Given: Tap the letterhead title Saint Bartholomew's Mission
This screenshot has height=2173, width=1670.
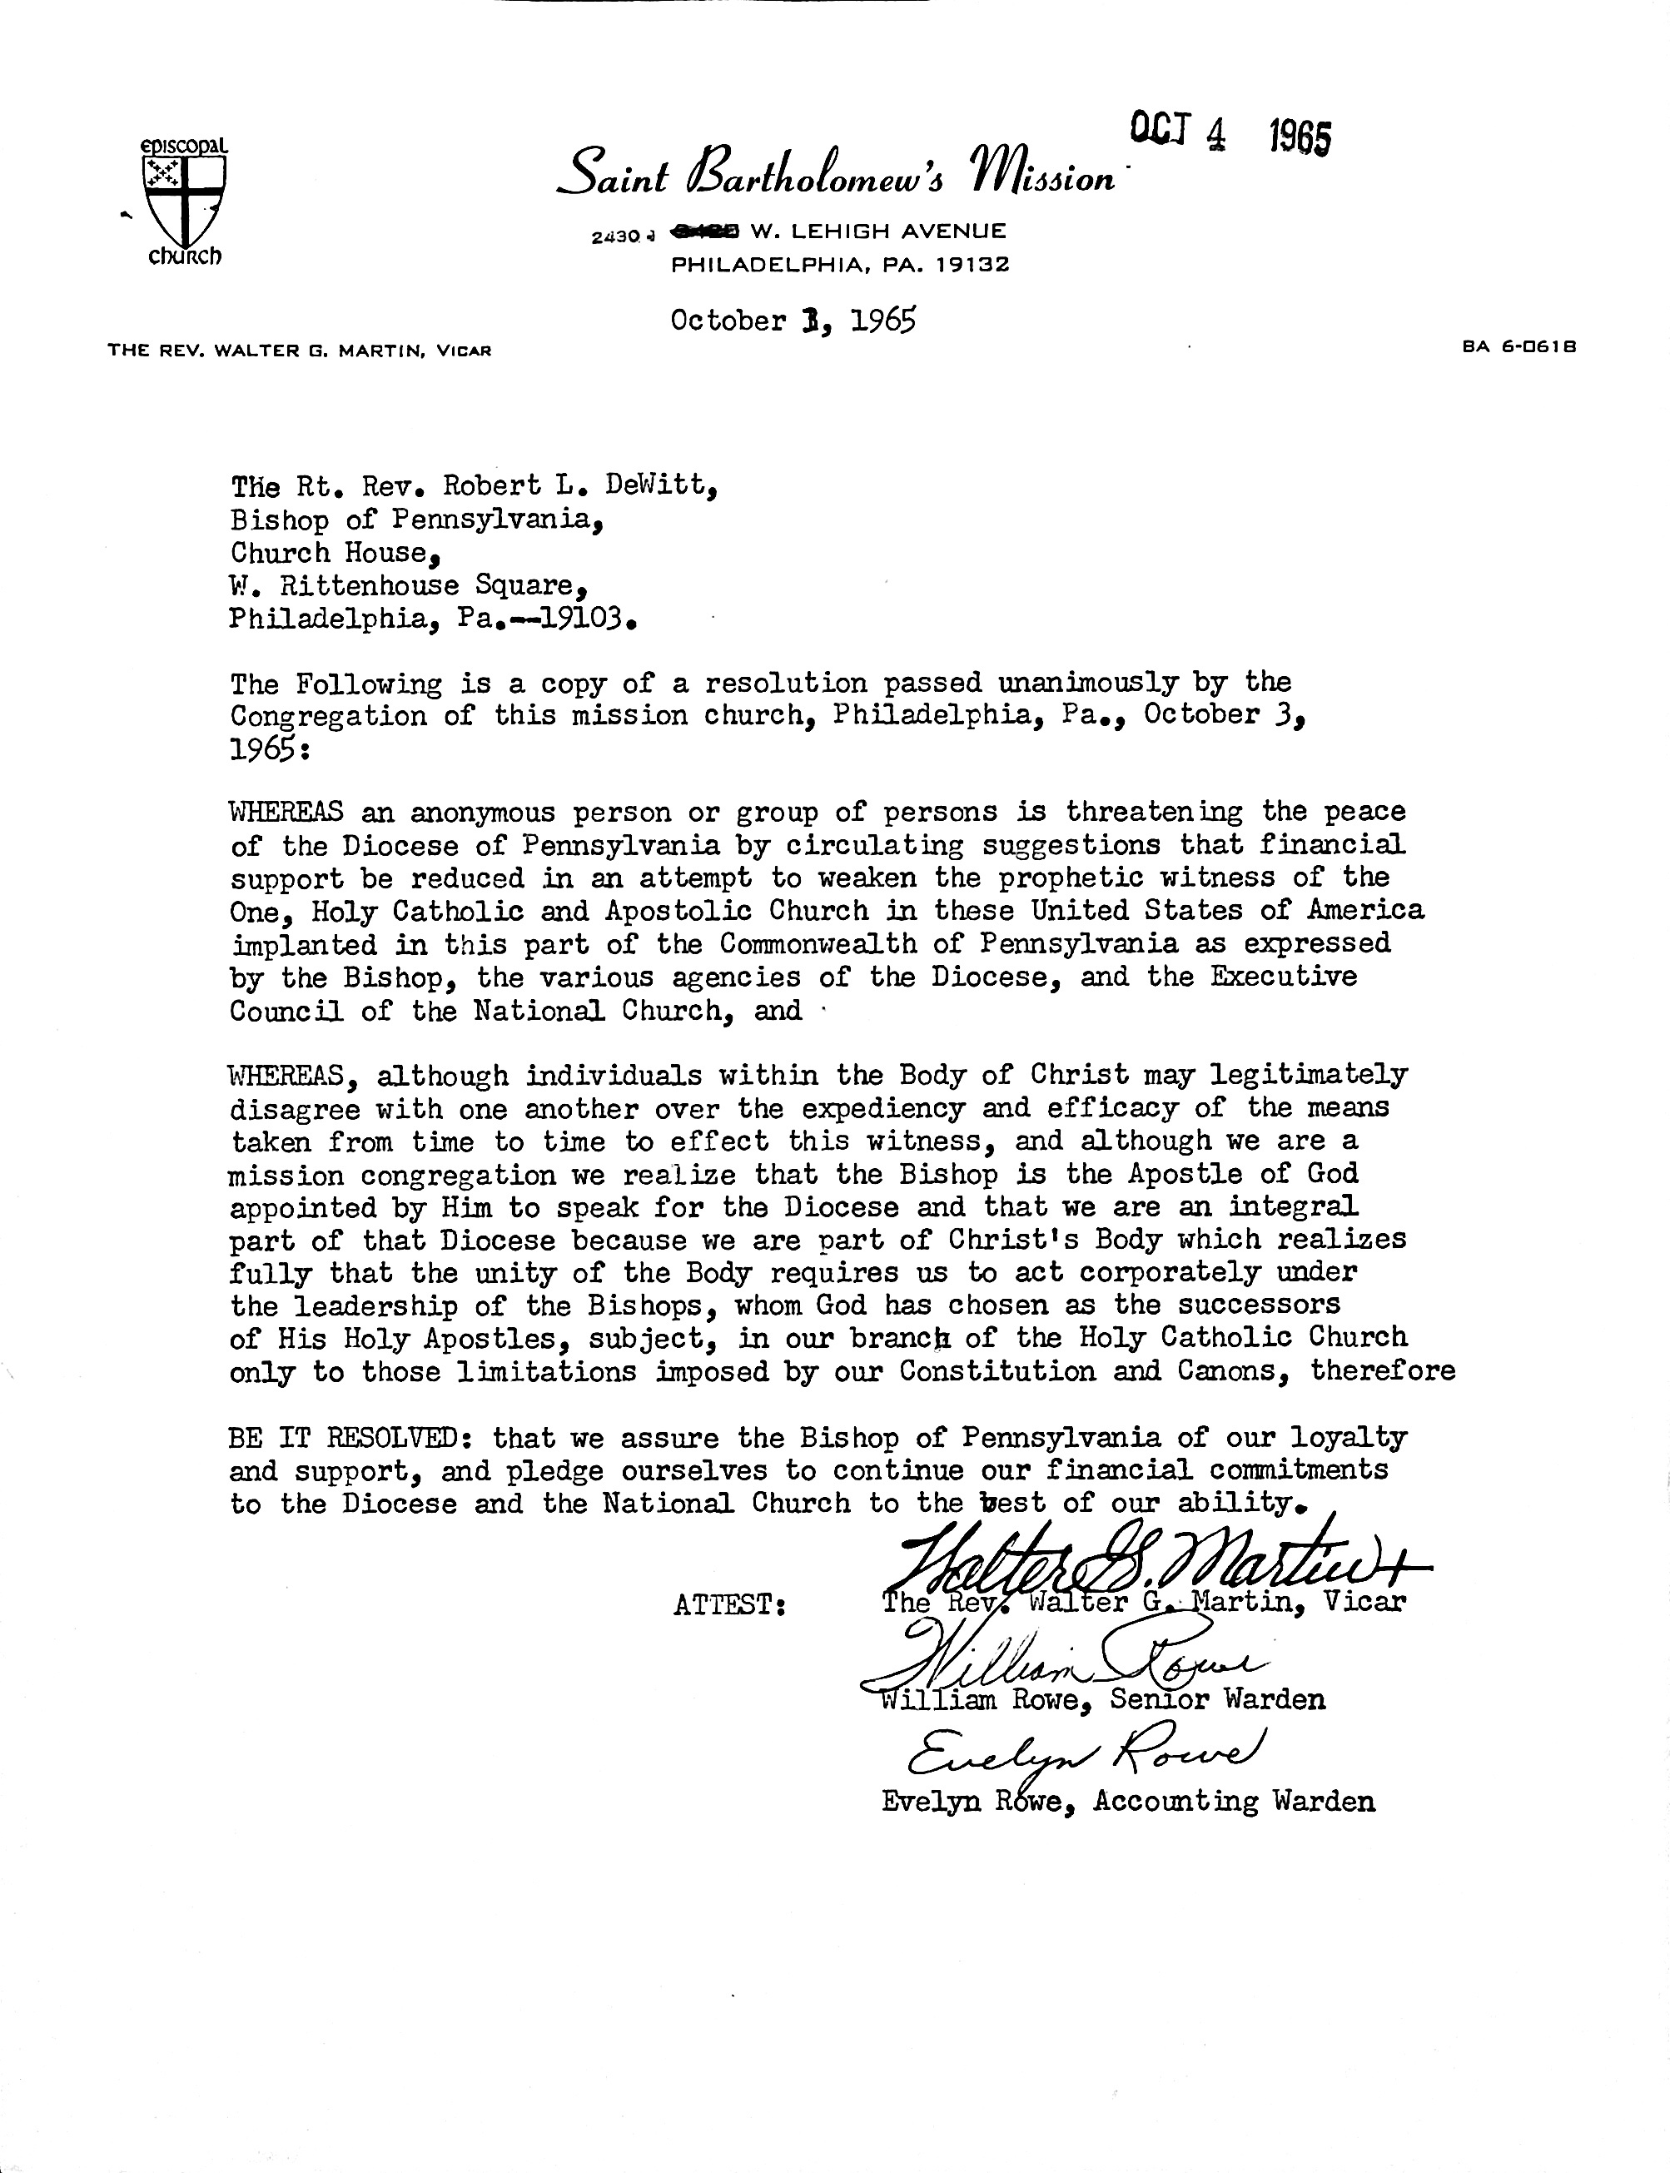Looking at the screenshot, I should pos(835,171).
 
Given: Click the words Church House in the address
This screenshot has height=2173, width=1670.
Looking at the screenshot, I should pos(328,552).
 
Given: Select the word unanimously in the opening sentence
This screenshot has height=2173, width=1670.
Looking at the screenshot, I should pos(1087,683).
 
